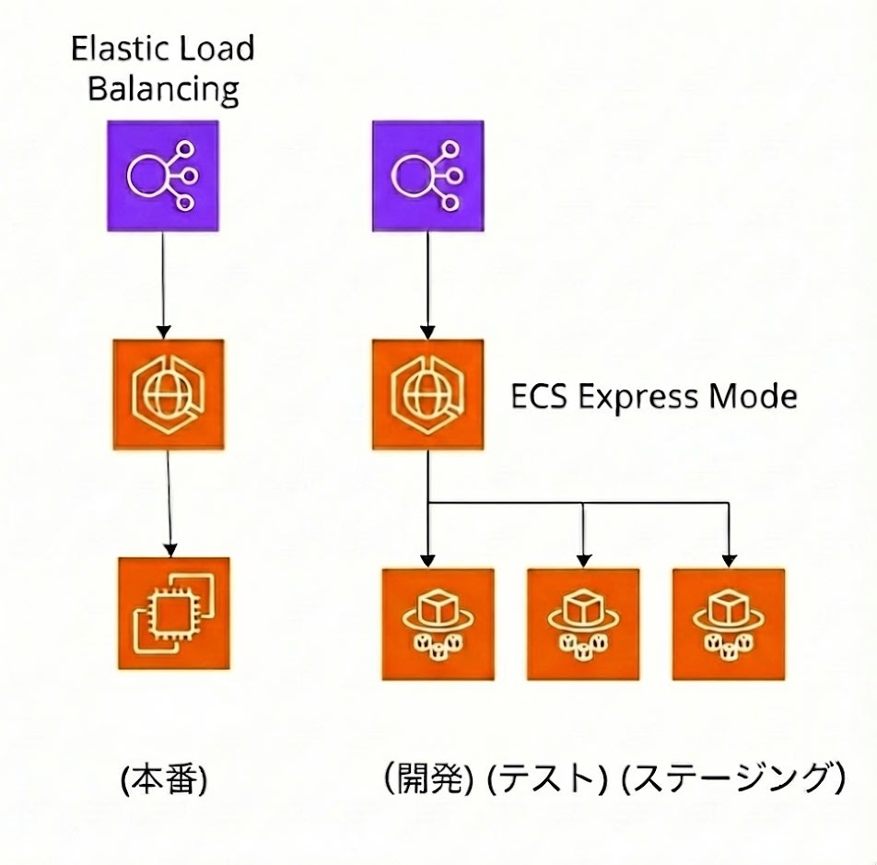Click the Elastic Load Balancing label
(162, 68)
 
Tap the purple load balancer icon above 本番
(164, 175)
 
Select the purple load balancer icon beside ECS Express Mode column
(427, 175)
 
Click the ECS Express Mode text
(653, 397)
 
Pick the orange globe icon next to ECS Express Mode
(427, 394)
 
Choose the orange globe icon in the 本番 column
(168, 394)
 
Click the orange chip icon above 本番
(173, 612)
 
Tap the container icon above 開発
(438, 624)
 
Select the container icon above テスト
(583, 624)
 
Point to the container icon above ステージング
(729, 624)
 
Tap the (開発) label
(428, 780)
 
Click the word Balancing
(162, 90)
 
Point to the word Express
(635, 397)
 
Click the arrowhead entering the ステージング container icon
(729, 560)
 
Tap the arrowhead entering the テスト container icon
(583, 560)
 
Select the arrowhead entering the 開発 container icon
(428, 560)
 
